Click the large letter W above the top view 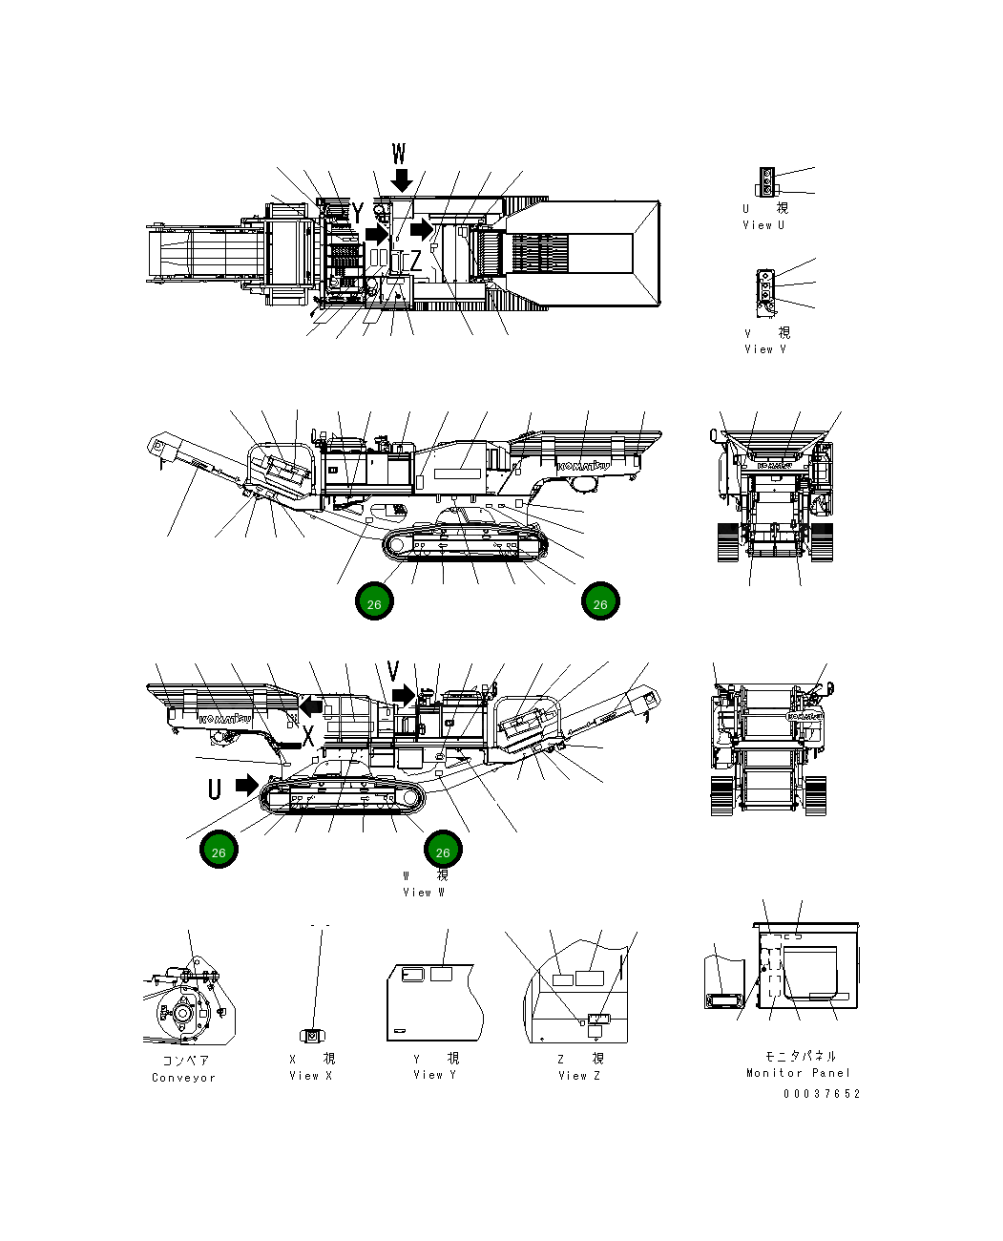[x=399, y=154]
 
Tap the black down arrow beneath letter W [x=402, y=179]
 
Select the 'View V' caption [x=765, y=349]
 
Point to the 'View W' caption [x=423, y=893]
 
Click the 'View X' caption [x=311, y=1076]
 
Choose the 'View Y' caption [x=434, y=1075]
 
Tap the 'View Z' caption [x=578, y=1076]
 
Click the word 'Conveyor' [x=183, y=1078]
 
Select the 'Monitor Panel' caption [x=798, y=1073]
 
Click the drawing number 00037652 [x=822, y=1094]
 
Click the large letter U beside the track [x=216, y=789]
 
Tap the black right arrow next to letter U [x=247, y=785]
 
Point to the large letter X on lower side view [x=308, y=736]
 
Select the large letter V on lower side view [x=393, y=672]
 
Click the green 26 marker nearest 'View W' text [x=442, y=852]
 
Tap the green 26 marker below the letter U [x=219, y=852]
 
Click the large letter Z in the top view [x=415, y=261]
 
